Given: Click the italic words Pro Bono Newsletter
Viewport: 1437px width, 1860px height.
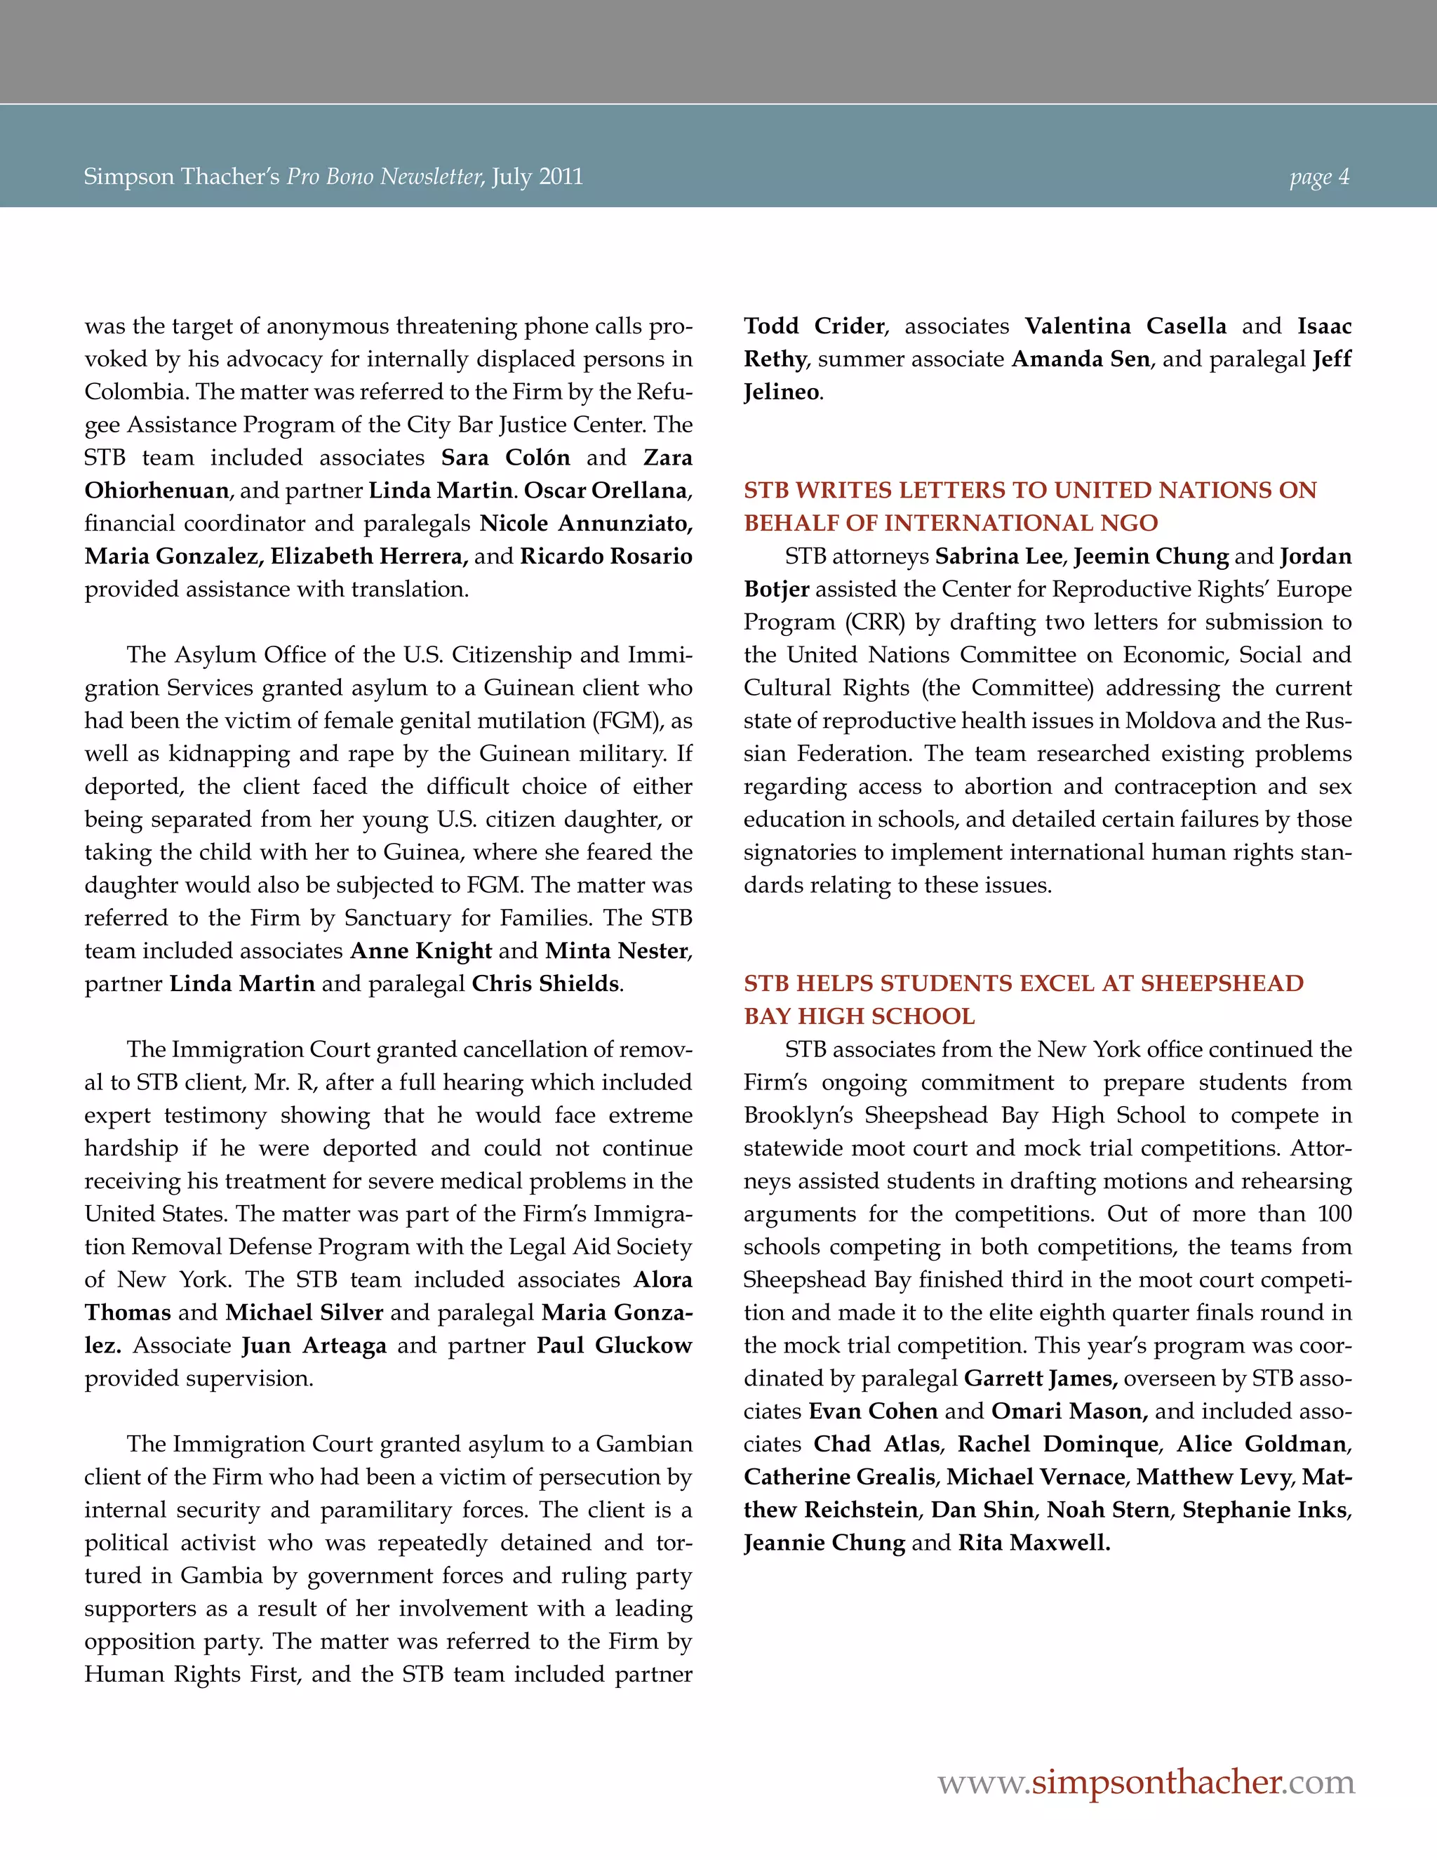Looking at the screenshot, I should click(384, 176).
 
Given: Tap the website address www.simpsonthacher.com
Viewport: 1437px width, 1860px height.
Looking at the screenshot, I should click(1146, 1781).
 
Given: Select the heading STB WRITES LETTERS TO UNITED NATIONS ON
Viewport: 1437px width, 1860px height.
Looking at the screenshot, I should click(1030, 491).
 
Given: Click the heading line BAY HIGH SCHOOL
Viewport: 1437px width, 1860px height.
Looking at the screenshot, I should click(859, 1016).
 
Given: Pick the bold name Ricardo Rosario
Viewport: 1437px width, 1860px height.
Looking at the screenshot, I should click(606, 557).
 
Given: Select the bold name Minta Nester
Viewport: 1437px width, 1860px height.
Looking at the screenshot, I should click(616, 950).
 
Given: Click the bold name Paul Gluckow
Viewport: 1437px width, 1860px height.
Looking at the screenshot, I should click(614, 1346).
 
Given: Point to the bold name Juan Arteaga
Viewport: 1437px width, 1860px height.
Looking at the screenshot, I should click(314, 1346).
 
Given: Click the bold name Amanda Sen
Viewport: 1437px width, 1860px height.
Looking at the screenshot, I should click(1081, 359).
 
